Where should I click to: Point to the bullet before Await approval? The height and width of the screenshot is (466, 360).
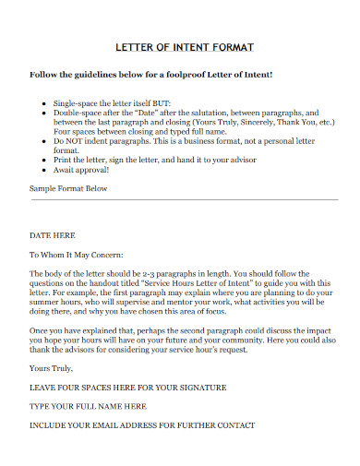(x=45, y=170)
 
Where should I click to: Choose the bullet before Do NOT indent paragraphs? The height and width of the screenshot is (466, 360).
(x=45, y=138)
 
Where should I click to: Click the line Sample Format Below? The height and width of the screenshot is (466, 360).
(x=68, y=188)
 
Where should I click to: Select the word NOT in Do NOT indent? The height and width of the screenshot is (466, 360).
(x=77, y=138)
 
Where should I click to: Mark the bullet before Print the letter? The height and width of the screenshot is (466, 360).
(x=45, y=160)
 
